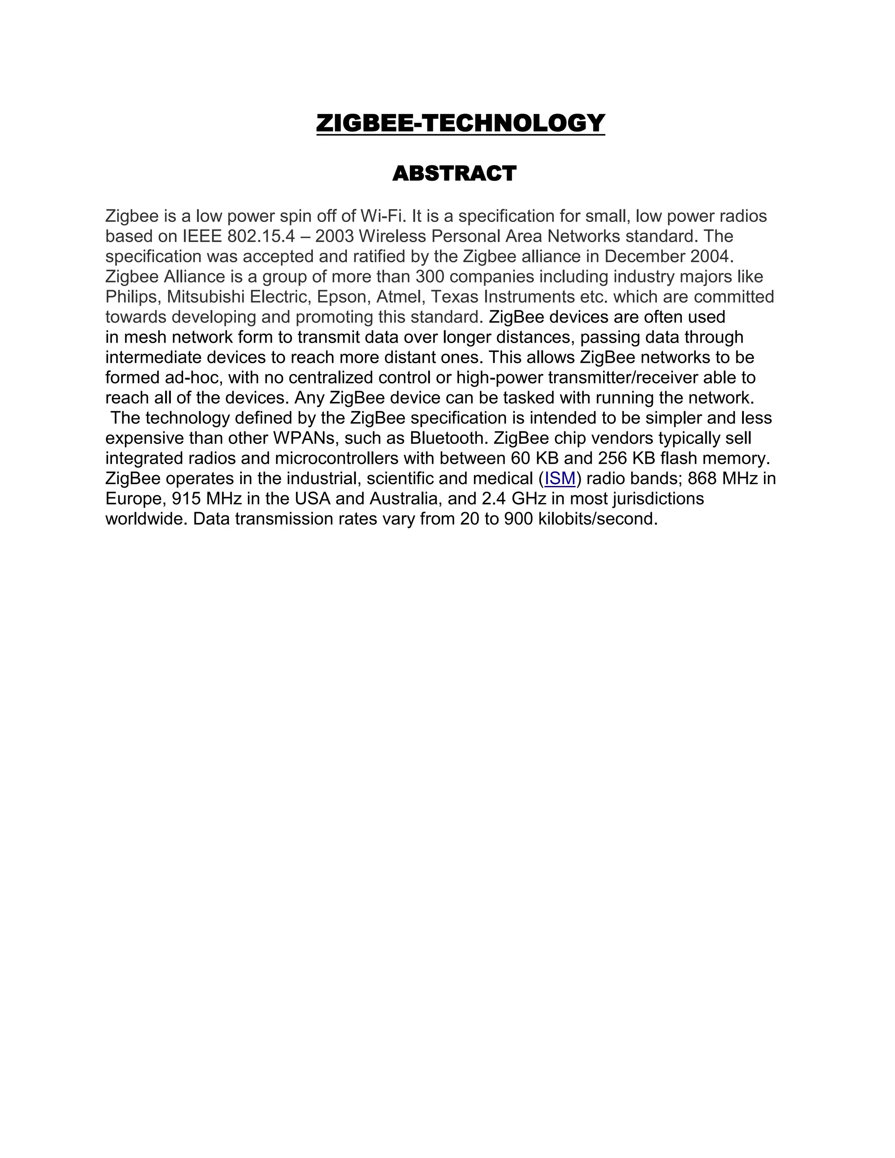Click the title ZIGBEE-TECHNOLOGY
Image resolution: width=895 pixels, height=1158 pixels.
460,123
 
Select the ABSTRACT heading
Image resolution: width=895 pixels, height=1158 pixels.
454,173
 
